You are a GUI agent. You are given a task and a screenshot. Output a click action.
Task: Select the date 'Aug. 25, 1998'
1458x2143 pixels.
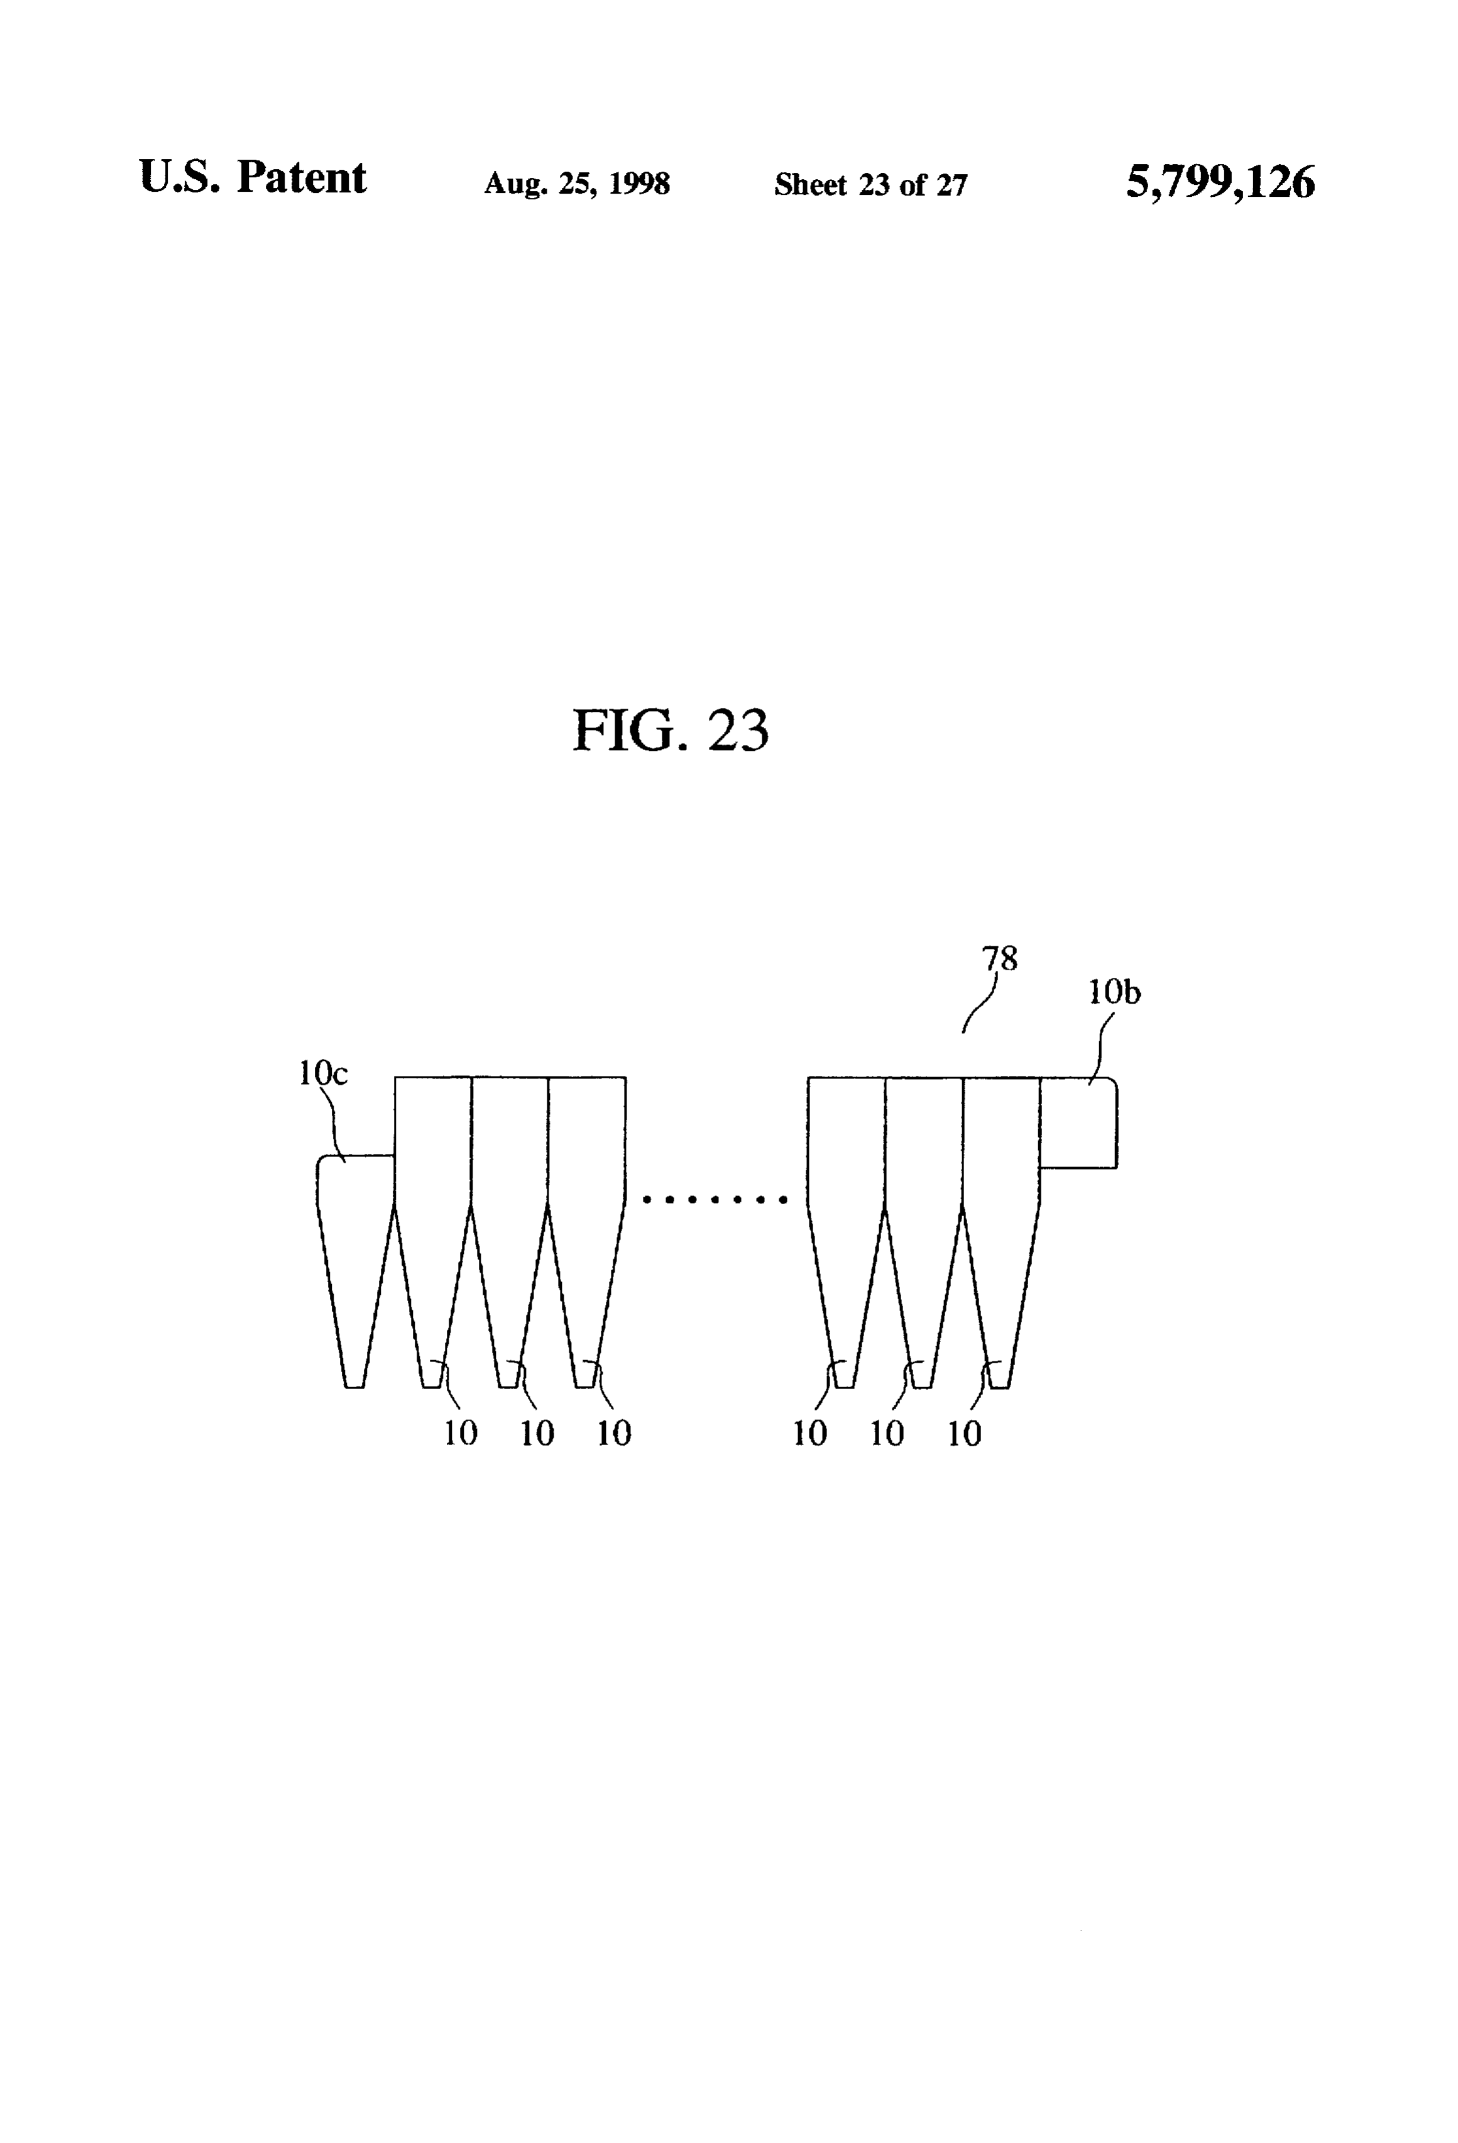(577, 184)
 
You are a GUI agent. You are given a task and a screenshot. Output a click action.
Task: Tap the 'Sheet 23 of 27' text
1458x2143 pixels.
(871, 184)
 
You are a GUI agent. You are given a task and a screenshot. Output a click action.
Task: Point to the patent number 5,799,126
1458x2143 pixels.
(1220, 182)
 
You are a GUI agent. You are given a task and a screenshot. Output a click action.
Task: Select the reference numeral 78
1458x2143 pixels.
(1000, 959)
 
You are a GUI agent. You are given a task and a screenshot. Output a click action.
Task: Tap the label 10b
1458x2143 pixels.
(1114, 992)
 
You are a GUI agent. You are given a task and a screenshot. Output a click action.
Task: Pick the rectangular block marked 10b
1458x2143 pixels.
(1078, 1122)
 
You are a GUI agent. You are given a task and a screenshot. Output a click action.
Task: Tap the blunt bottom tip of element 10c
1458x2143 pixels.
(355, 1386)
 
